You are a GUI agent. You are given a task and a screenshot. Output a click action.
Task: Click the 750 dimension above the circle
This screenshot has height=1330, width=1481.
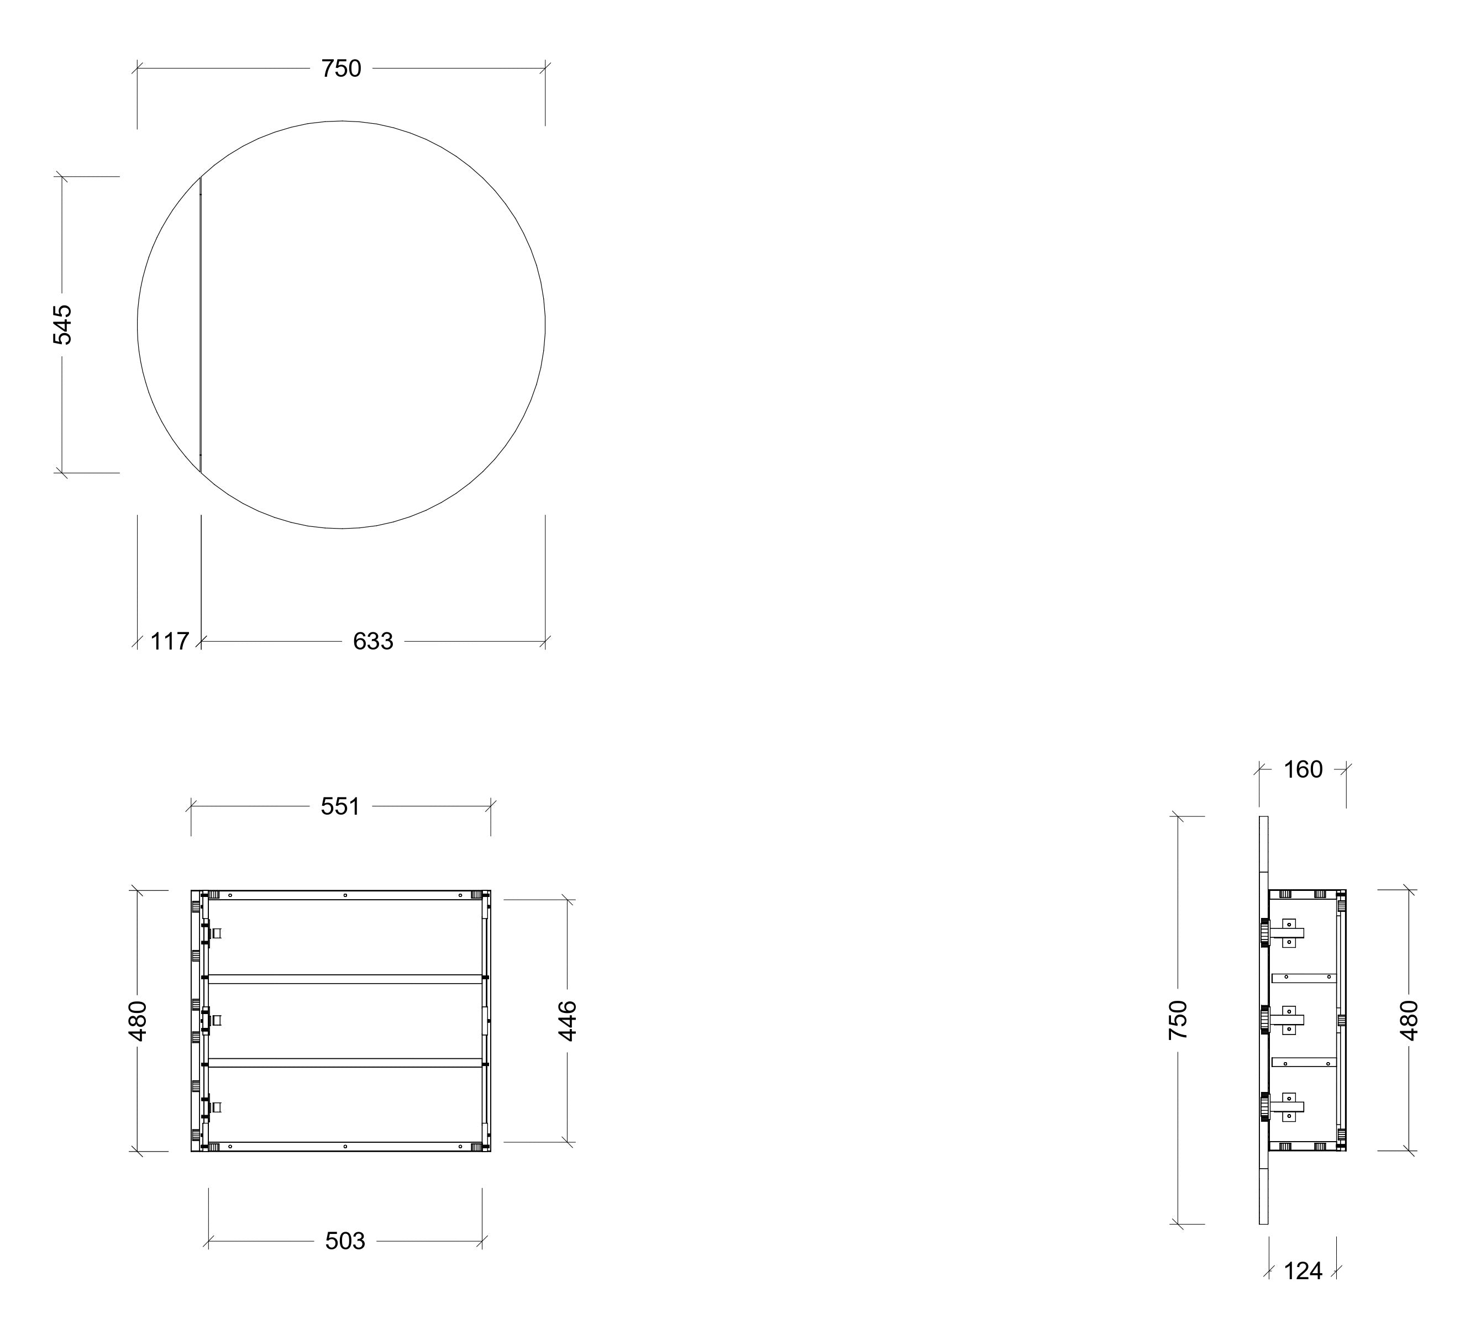(342, 68)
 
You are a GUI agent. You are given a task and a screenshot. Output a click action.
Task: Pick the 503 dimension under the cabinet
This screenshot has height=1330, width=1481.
(345, 1241)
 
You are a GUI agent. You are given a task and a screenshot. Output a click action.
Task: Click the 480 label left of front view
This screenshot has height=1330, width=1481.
(138, 1021)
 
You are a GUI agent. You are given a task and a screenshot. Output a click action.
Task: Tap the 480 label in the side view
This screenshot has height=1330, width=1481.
(1409, 1021)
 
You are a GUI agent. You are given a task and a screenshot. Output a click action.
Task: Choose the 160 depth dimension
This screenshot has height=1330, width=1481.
(1304, 769)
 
